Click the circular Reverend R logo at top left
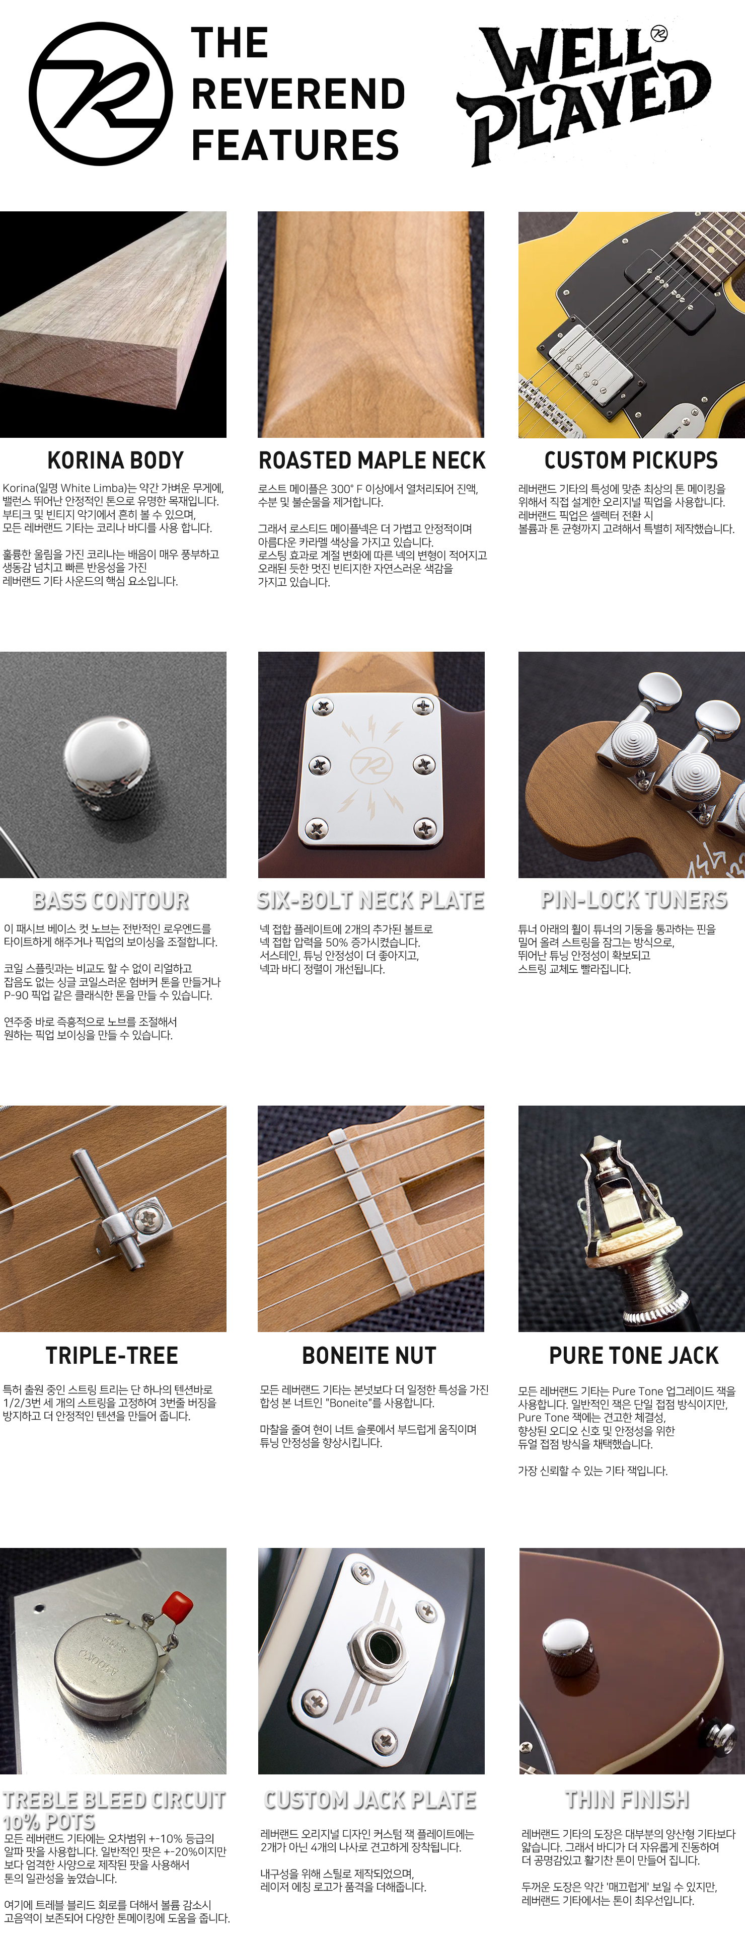(x=100, y=94)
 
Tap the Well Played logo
(x=583, y=94)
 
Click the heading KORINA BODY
(x=115, y=460)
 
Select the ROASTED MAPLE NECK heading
(x=371, y=460)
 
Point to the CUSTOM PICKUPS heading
(x=631, y=460)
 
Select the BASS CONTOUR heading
(x=111, y=900)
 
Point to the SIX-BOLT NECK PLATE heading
(x=370, y=900)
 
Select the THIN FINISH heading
(x=627, y=1800)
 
